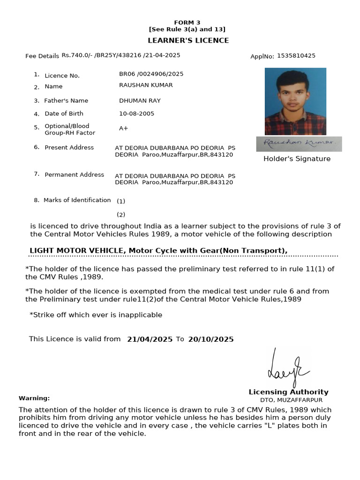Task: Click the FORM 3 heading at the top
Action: [x=187, y=22]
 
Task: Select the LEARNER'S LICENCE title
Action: [x=188, y=40]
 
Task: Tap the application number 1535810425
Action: [x=296, y=56]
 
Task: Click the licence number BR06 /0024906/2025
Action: [x=151, y=74]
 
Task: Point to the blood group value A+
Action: [x=123, y=128]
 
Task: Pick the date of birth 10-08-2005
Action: [x=136, y=114]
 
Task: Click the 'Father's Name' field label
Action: [x=66, y=101]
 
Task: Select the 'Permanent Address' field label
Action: [x=74, y=175]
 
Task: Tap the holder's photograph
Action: [x=295, y=101]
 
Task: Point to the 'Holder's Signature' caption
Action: [x=297, y=159]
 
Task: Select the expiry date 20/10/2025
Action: [x=210, y=339]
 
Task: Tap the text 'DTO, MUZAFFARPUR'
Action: [x=291, y=400]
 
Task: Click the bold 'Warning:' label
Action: [x=34, y=398]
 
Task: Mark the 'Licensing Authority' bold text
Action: [x=288, y=392]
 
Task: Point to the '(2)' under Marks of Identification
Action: [x=121, y=215]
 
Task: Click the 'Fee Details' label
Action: [x=42, y=56]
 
